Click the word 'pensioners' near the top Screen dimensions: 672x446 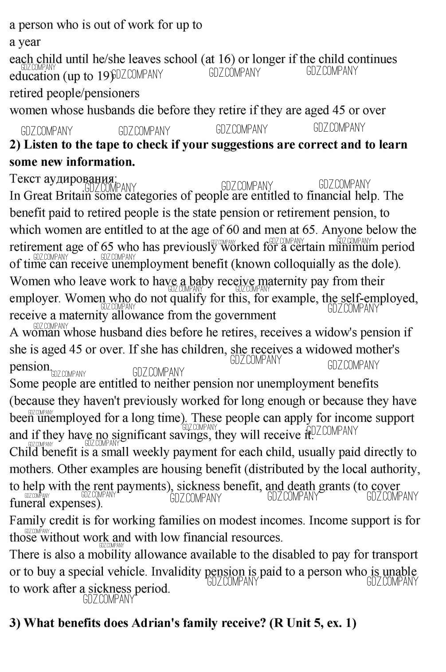[115, 94]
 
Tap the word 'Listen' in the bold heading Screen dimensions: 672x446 [40, 145]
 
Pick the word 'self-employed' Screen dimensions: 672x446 [378, 298]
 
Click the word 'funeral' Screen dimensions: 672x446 [27, 504]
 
